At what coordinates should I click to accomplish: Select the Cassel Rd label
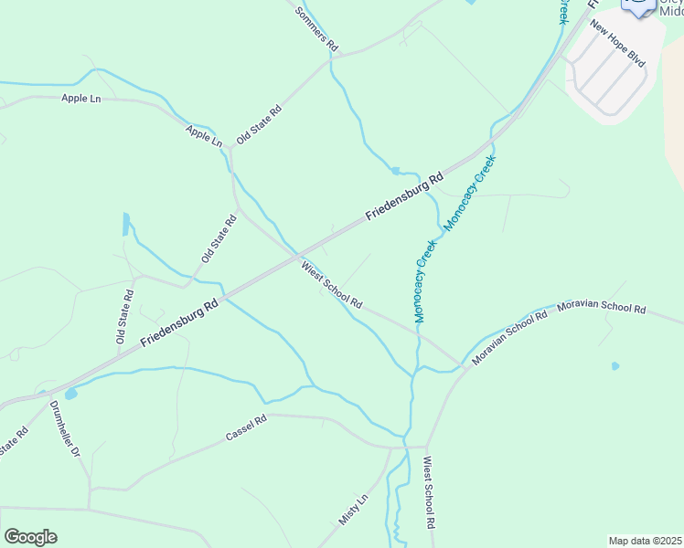(x=246, y=428)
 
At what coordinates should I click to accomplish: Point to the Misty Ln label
(x=352, y=509)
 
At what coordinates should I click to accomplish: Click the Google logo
(x=30, y=537)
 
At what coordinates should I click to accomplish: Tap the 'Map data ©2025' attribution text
(x=645, y=541)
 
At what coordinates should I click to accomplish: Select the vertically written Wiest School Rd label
(x=428, y=494)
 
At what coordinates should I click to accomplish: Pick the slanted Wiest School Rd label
(x=332, y=285)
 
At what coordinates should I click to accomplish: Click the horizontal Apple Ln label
(x=80, y=98)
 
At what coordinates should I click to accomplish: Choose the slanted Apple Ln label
(x=204, y=136)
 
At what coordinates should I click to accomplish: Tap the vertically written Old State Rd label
(x=124, y=316)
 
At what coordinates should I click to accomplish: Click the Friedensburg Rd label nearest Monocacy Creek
(x=404, y=196)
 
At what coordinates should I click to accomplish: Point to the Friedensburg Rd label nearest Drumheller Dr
(x=180, y=323)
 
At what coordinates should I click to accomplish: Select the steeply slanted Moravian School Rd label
(x=509, y=338)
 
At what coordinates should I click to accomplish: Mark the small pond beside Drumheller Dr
(x=70, y=395)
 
